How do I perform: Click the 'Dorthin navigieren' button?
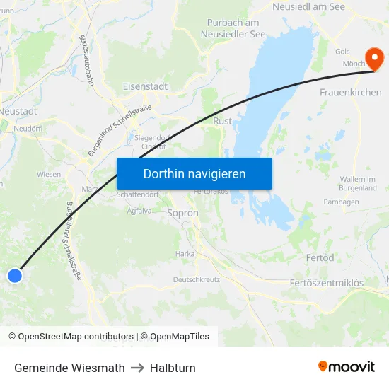point(194,173)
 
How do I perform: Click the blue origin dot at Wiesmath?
point(15,276)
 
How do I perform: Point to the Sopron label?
point(182,212)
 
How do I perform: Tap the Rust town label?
point(222,121)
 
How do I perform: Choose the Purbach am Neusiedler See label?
point(233,28)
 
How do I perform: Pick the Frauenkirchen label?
point(350,93)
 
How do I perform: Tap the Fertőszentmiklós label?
point(327,283)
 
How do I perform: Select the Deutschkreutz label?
point(197,279)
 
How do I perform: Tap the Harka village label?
point(185,253)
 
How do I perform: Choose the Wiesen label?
point(49,173)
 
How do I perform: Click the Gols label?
point(342,52)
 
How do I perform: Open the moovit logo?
point(346,367)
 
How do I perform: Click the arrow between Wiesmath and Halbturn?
point(137,368)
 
